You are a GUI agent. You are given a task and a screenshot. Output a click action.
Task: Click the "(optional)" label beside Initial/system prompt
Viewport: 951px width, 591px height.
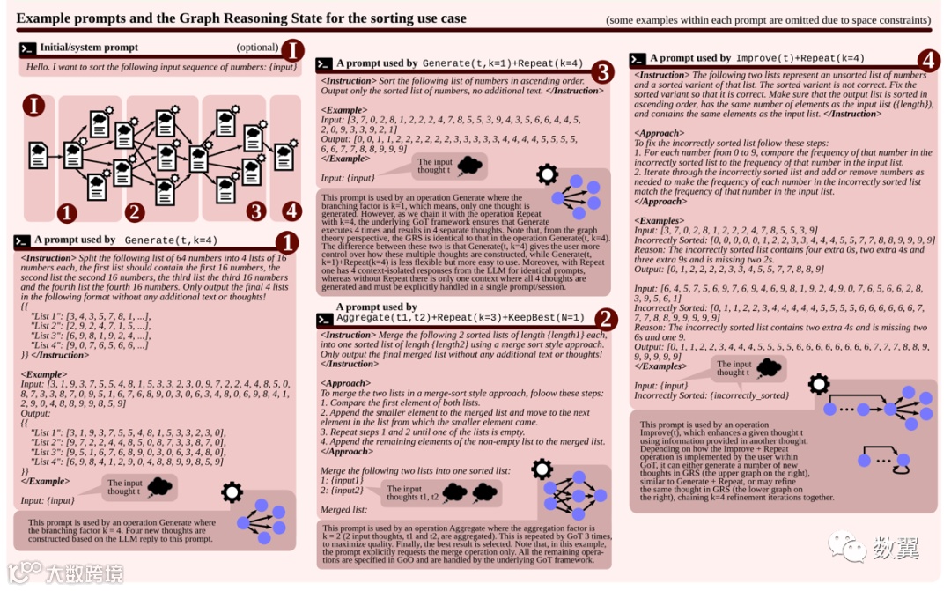(257, 47)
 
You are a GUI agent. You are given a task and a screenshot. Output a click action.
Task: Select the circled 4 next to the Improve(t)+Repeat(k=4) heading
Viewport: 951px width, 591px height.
(927, 60)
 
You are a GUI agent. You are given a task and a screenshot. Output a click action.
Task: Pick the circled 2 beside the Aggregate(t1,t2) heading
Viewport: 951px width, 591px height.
(606, 319)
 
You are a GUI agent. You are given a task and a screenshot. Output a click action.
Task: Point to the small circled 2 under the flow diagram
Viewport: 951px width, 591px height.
(135, 212)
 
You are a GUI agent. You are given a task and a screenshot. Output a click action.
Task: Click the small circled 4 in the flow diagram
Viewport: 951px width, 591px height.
(291, 211)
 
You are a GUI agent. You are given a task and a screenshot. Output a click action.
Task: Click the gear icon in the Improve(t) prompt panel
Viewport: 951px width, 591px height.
(819, 384)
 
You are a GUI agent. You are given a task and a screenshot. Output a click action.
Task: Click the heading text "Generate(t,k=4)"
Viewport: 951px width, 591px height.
(171, 240)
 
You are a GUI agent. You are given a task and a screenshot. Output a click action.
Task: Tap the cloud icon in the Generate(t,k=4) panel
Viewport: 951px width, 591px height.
(159, 485)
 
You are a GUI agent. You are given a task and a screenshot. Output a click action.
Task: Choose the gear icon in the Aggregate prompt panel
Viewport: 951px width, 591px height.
(542, 469)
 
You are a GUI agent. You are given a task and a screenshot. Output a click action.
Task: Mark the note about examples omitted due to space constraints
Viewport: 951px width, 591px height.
(768, 19)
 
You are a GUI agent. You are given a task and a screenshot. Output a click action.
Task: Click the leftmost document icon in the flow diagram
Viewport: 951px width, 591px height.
(39, 155)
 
